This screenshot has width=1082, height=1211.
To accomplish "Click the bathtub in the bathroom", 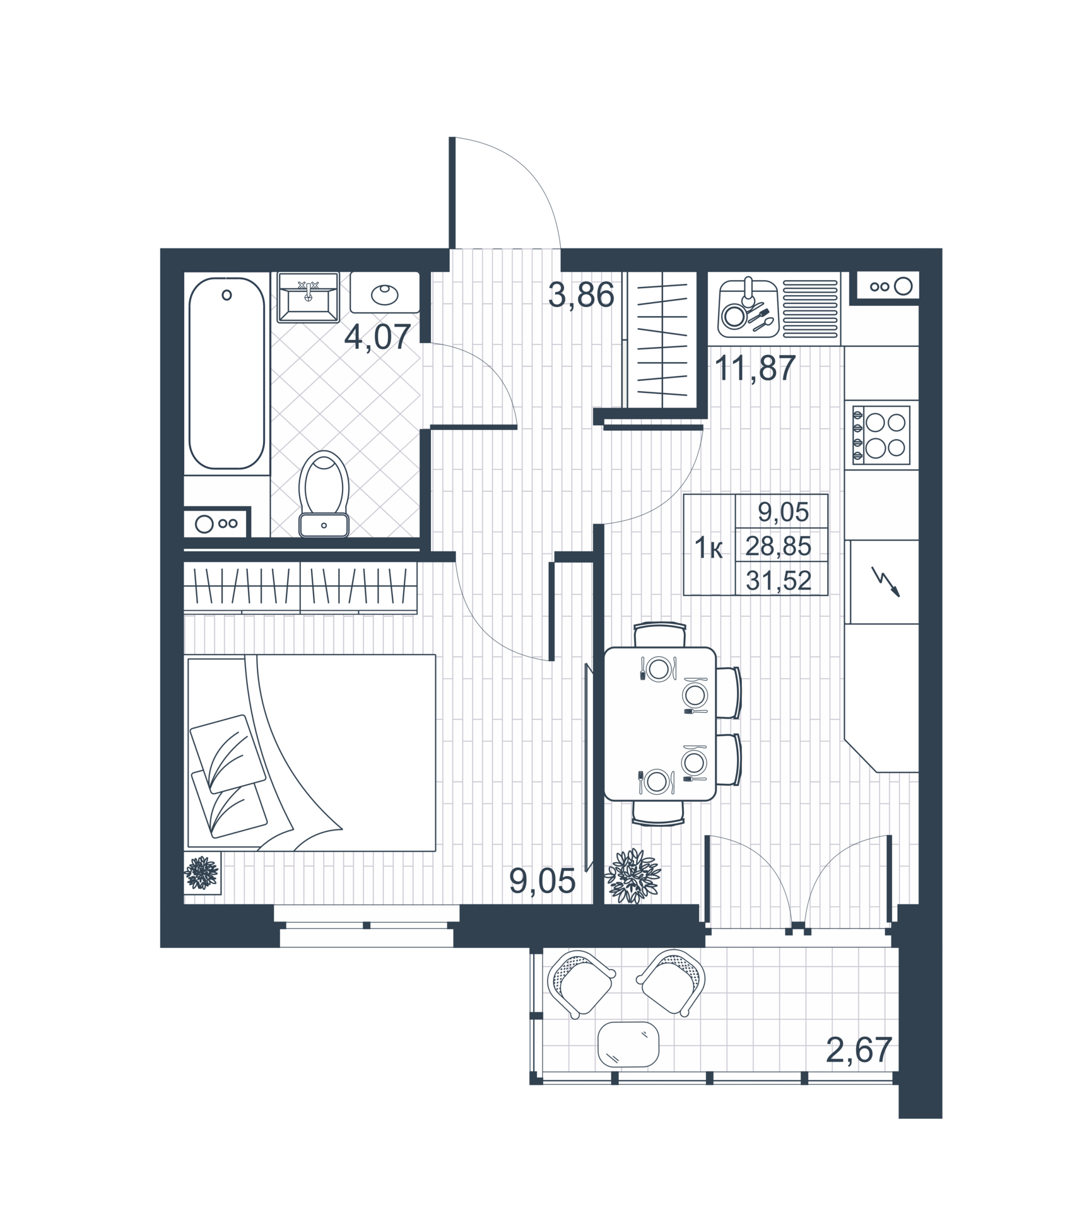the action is pyautogui.click(x=226, y=373).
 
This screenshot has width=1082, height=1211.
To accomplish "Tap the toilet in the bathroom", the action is pyautogui.click(x=324, y=493).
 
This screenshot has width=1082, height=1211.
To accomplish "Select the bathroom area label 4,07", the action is pyautogui.click(x=377, y=337).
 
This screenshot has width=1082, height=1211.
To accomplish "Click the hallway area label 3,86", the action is pyautogui.click(x=581, y=295).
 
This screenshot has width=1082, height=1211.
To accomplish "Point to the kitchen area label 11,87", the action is pyautogui.click(x=755, y=368).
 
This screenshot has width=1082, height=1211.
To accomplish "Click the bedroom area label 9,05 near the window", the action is pyautogui.click(x=543, y=881).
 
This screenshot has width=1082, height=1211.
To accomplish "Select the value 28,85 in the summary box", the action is pyautogui.click(x=778, y=546).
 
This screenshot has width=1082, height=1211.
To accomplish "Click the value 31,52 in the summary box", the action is pyautogui.click(x=778, y=580).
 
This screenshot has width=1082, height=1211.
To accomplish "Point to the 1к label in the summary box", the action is pyautogui.click(x=709, y=549).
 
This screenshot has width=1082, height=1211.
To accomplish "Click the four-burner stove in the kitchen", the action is pyautogui.click(x=881, y=435).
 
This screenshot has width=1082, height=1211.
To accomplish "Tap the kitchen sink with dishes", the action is pyautogui.click(x=748, y=308).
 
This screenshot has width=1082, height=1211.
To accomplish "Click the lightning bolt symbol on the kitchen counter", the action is pyautogui.click(x=885, y=581).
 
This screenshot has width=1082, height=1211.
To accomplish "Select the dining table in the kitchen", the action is pyautogui.click(x=659, y=723).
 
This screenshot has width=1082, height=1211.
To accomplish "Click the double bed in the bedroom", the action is pyautogui.click(x=312, y=753).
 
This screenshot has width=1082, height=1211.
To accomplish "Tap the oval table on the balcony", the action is pyautogui.click(x=628, y=1044).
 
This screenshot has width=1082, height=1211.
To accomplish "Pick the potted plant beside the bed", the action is pyautogui.click(x=202, y=873).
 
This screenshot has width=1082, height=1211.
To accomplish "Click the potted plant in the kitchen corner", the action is pyautogui.click(x=633, y=875).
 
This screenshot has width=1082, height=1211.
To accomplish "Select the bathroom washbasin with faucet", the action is pyautogui.click(x=308, y=297).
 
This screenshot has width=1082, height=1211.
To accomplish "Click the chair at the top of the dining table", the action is pyautogui.click(x=659, y=634).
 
